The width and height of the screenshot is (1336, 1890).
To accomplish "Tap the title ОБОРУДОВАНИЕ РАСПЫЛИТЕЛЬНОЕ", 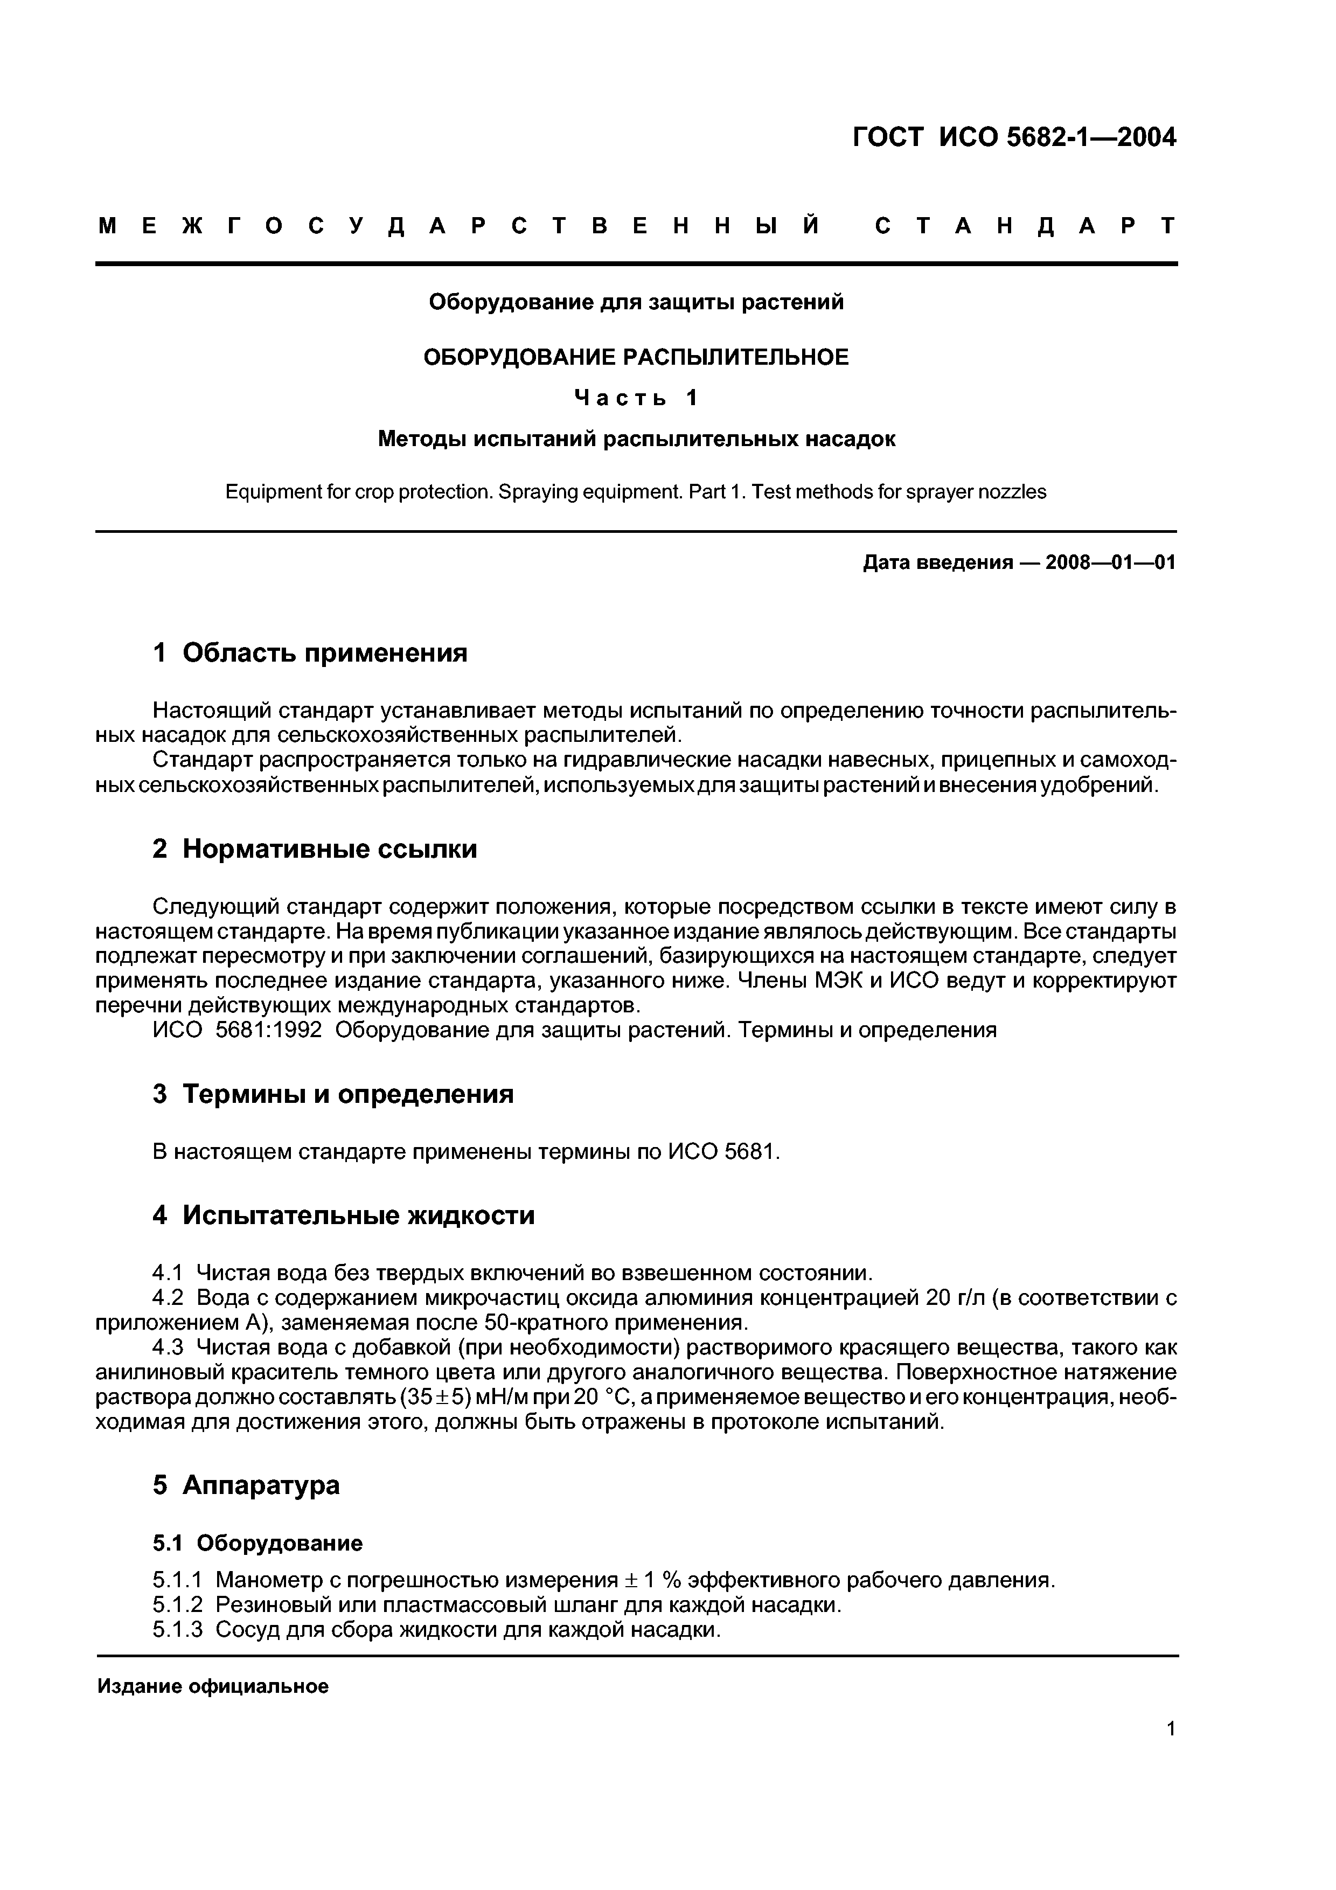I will point(636,357).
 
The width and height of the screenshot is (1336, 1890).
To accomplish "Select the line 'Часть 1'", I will point(636,398).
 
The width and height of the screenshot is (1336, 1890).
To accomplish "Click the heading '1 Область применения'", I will point(310,654).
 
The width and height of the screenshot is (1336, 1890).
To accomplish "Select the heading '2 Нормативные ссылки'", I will point(315,849).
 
